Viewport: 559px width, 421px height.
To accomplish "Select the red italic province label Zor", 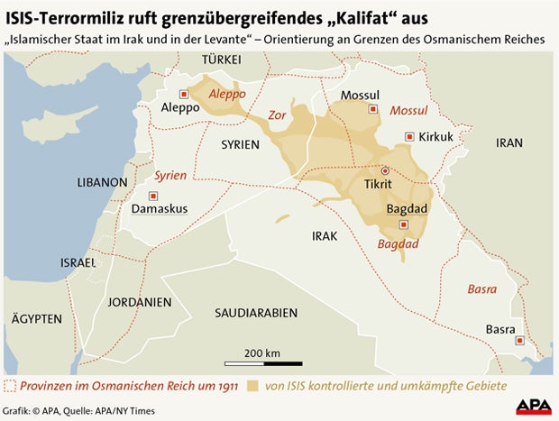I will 279,115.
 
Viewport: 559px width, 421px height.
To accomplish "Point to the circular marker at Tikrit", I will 386,169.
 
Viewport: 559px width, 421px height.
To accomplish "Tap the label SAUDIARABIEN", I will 256,313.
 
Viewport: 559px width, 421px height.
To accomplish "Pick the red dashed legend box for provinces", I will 11,387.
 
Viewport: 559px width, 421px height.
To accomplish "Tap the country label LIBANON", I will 102,182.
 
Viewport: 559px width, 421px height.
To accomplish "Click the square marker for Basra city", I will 520,340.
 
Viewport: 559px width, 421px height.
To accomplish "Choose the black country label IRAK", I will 324,235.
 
